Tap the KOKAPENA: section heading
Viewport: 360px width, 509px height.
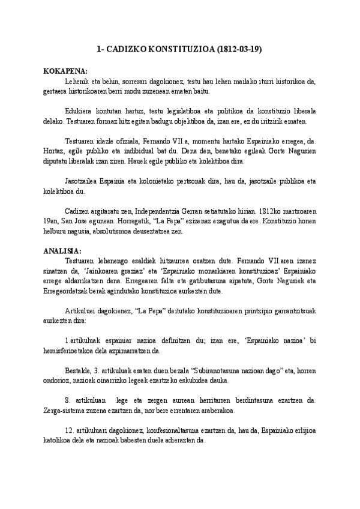point(65,71)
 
